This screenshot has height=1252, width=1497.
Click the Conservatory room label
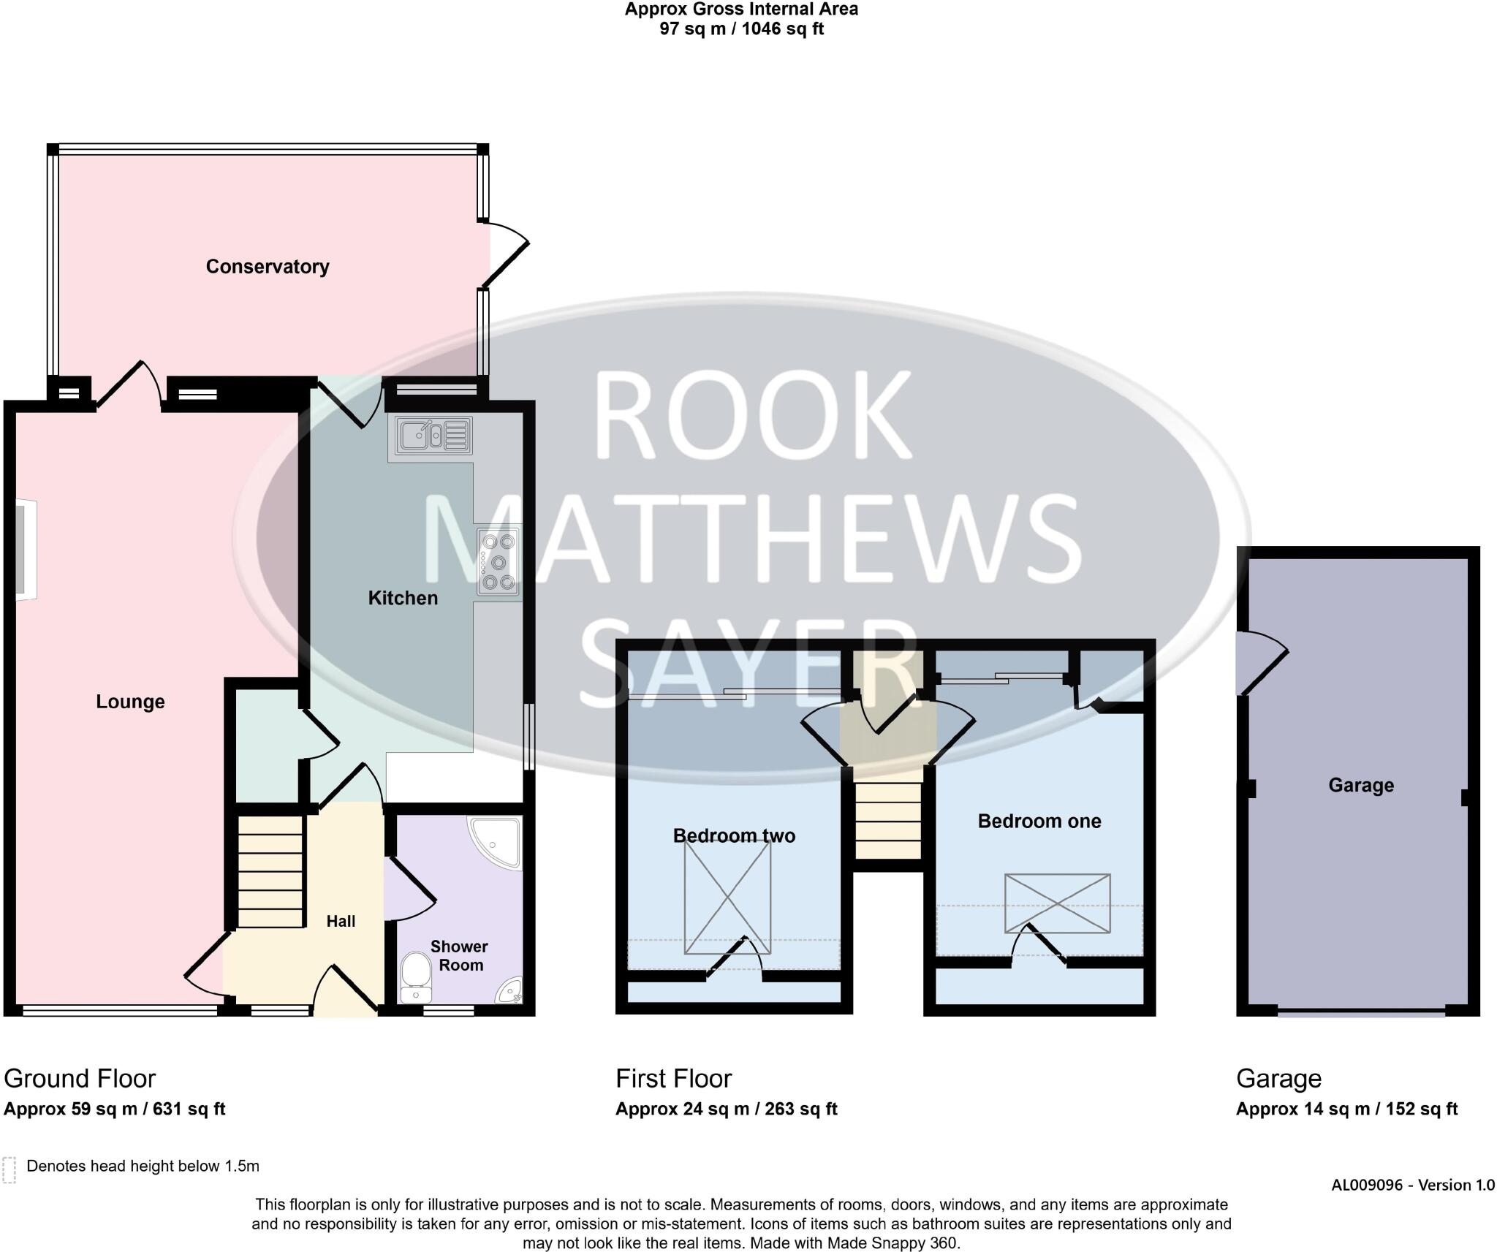pyautogui.click(x=267, y=267)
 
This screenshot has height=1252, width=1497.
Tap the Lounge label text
pyautogui.click(x=130, y=702)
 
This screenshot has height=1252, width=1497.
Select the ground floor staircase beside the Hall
pyautogui.click(x=270, y=872)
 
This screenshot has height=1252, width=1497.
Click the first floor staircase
pyautogui.click(x=887, y=819)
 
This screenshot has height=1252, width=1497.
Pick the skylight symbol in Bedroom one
pyautogui.click(x=1057, y=903)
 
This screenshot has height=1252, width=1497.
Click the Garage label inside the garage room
pyautogui.click(x=1360, y=785)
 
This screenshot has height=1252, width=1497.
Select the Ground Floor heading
pyautogui.click(x=80, y=1079)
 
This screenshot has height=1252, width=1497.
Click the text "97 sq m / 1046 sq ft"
pyautogui.click(x=741, y=29)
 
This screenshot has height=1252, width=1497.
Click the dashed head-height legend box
pyautogui.click(x=10, y=1169)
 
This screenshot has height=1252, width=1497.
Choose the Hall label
pyautogui.click(x=341, y=921)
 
